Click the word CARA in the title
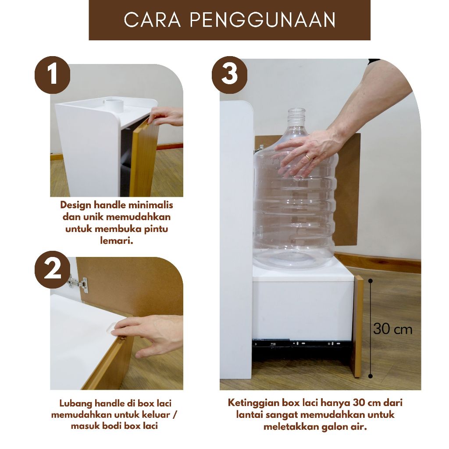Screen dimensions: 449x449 152,20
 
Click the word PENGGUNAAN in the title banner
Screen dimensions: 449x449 263,20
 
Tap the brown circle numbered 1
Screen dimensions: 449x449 53,75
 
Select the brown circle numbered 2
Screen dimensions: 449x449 53,270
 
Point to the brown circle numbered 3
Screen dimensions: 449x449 230,75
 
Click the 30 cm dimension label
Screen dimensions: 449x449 392,329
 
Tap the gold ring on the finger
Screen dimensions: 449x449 307,157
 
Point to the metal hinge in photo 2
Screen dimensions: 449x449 78,284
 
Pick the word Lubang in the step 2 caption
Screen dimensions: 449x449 76,404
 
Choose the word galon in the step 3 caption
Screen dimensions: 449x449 335,427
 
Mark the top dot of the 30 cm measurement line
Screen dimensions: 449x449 371,281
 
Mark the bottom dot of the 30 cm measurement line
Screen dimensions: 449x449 371,376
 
